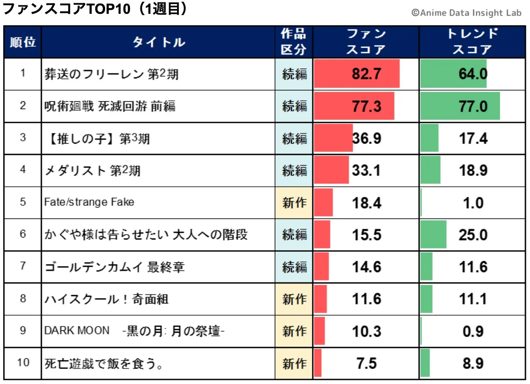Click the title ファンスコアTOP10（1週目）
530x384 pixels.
(95, 9)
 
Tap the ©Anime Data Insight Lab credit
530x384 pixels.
(466, 13)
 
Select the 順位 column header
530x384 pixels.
(23, 42)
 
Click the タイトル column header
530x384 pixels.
(158, 42)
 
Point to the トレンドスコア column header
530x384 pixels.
(472, 42)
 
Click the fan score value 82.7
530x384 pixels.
(366, 74)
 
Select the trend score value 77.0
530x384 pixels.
(473, 106)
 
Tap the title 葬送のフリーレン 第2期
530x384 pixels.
(112, 74)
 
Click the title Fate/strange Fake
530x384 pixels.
(89, 202)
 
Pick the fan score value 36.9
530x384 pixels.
(366, 138)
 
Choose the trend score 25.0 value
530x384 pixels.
(473, 235)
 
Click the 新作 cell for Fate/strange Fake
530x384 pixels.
(294, 202)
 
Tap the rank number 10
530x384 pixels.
(23, 362)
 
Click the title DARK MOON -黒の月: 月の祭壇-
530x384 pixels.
(134, 331)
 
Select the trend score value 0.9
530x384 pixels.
(473, 331)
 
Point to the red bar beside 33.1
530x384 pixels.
(331, 170)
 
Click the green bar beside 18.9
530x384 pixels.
(430, 170)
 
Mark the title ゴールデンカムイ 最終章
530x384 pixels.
(115, 267)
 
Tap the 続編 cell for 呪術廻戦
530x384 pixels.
(294, 106)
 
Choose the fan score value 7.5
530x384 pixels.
(366, 363)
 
